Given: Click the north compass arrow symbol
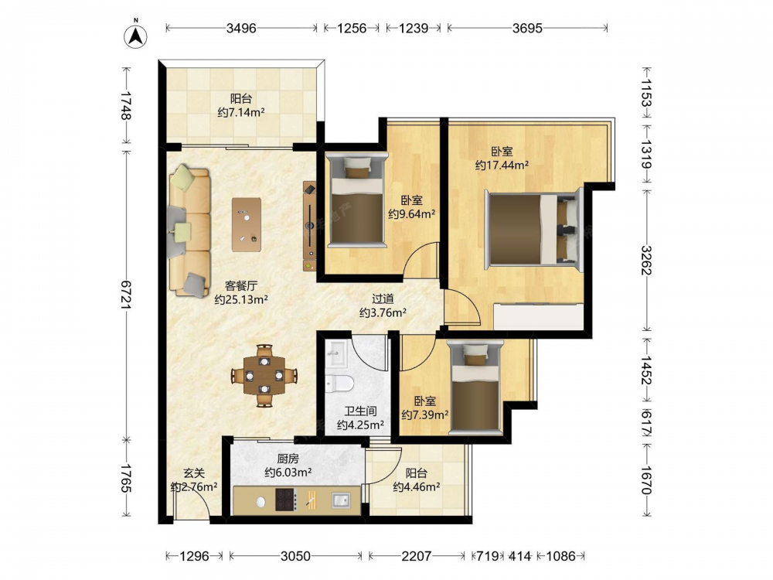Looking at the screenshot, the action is click(x=135, y=35).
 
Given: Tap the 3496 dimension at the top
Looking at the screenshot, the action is click(x=241, y=28).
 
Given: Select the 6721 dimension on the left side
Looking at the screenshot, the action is click(x=127, y=295).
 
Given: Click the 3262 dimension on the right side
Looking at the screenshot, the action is click(x=646, y=261).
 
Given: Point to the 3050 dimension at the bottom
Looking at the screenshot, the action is click(x=295, y=556).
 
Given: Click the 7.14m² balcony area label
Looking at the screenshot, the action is click(x=241, y=112).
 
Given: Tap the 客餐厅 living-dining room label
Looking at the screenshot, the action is click(x=241, y=285).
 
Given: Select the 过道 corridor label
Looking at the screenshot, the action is click(x=383, y=299).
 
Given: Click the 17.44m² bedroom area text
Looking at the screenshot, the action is click(x=502, y=165).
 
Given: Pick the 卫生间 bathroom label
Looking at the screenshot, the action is click(x=360, y=411).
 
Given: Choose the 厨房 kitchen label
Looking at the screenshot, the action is click(x=288, y=459).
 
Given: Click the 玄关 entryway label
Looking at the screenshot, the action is click(x=194, y=473).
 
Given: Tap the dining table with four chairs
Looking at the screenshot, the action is click(x=264, y=376).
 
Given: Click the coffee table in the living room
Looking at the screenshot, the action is click(x=247, y=224).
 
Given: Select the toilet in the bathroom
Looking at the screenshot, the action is click(x=339, y=383).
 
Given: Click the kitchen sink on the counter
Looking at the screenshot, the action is click(x=341, y=500).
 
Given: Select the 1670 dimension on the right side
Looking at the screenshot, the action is click(x=646, y=479).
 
